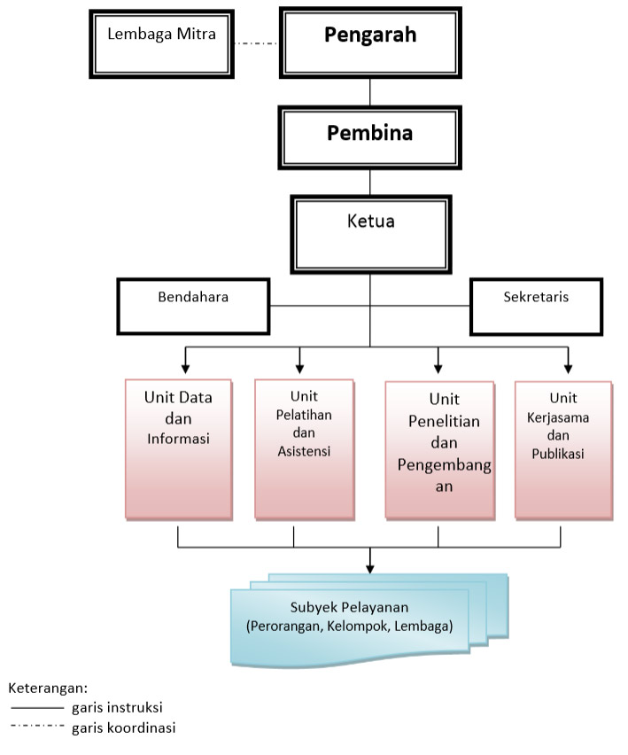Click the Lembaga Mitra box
[161, 43]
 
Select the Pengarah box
[370, 43]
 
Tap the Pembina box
[369, 137]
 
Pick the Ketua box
[370, 235]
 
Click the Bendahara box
[193, 307]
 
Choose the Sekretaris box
[536, 307]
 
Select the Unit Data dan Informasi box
[179, 450]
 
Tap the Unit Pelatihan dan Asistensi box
[304, 450]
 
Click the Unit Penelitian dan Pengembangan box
[440, 451]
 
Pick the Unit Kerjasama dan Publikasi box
[563, 451]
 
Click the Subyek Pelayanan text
[349, 607]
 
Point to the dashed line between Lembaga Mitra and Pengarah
[256, 43]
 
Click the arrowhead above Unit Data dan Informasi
[185, 370]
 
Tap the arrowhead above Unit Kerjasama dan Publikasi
[569, 370]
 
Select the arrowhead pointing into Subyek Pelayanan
[369, 569]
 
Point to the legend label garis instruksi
[117, 707]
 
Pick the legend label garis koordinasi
[124, 728]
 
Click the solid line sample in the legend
[37, 708]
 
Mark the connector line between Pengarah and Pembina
[370, 92]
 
